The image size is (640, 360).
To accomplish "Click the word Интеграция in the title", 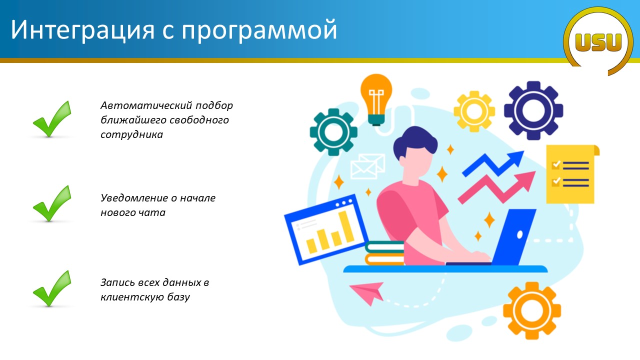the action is click(82, 30).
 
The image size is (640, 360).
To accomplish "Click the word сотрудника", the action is click(131, 134).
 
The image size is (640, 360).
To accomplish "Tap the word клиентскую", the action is click(131, 297).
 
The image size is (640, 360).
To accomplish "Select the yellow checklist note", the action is click(571, 174).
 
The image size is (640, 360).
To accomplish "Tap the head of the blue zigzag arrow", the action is click(516, 158).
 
